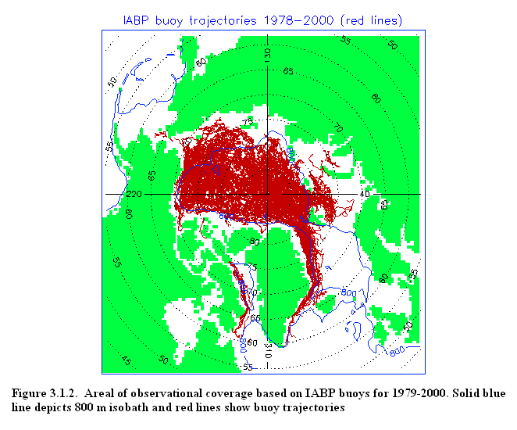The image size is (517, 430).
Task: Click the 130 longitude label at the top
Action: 268,55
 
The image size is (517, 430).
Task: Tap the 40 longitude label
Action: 365,194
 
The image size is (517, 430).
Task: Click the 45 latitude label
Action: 126,361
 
